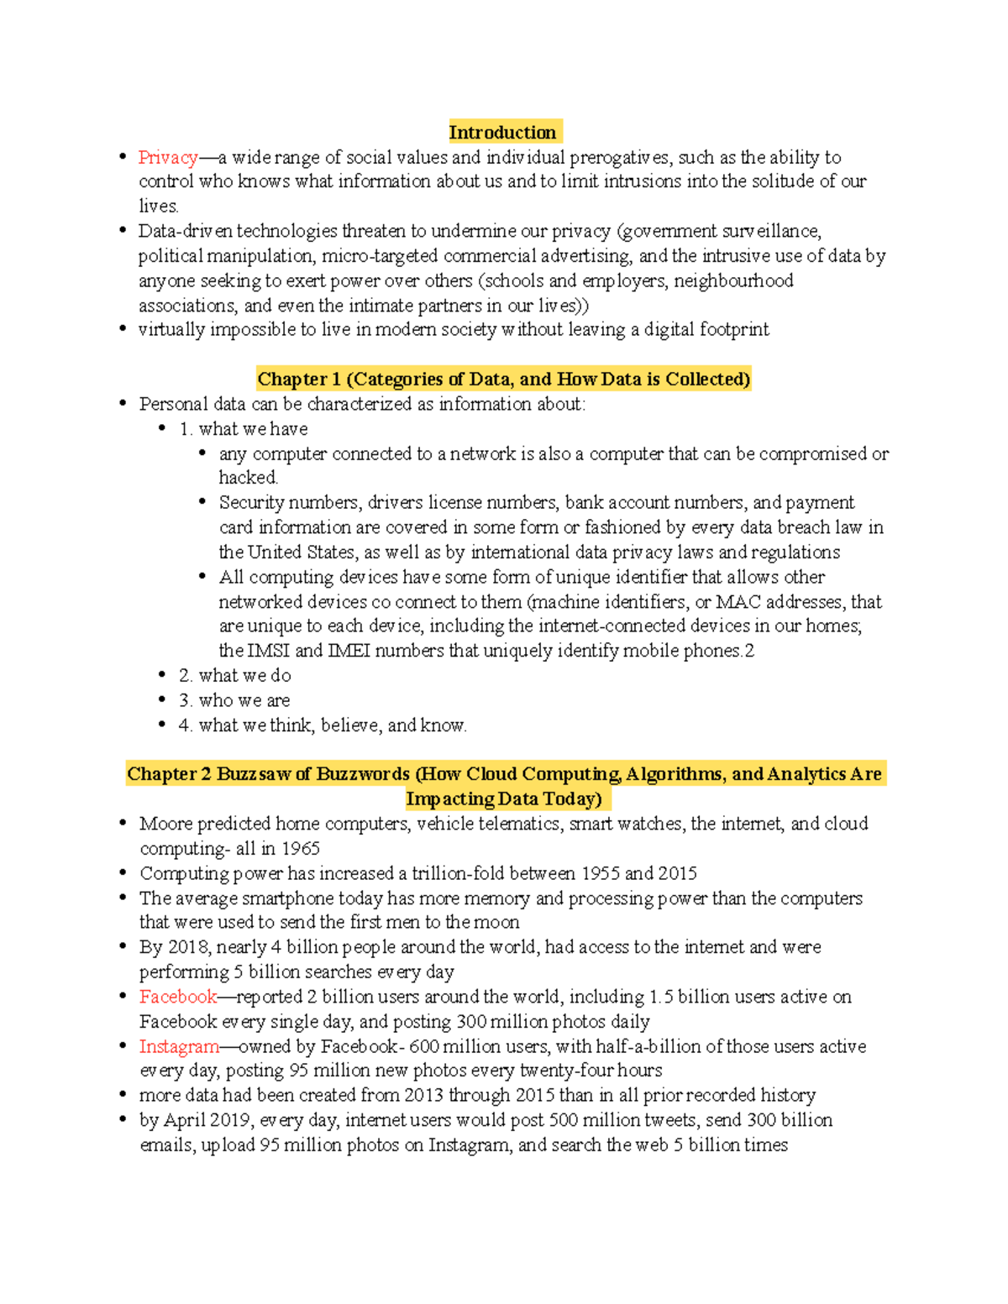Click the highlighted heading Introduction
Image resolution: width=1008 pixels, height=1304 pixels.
click(502, 133)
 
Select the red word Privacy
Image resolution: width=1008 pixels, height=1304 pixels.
click(168, 157)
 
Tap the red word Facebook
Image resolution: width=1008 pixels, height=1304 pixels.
click(178, 997)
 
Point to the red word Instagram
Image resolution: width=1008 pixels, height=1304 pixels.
click(179, 1046)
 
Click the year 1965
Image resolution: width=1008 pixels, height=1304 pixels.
click(300, 848)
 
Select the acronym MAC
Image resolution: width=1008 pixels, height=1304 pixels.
click(738, 602)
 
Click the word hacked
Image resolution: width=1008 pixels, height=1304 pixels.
click(248, 478)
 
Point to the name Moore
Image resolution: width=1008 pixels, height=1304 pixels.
click(166, 824)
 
